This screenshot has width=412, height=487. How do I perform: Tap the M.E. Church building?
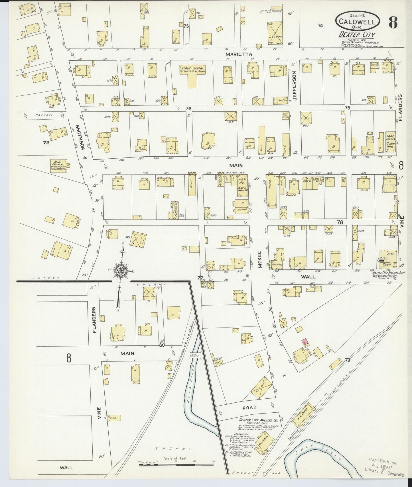[58, 165]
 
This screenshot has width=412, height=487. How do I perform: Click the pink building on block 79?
[305, 341]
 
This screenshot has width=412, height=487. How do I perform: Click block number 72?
[46, 142]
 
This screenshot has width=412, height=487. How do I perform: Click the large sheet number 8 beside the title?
[393, 22]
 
